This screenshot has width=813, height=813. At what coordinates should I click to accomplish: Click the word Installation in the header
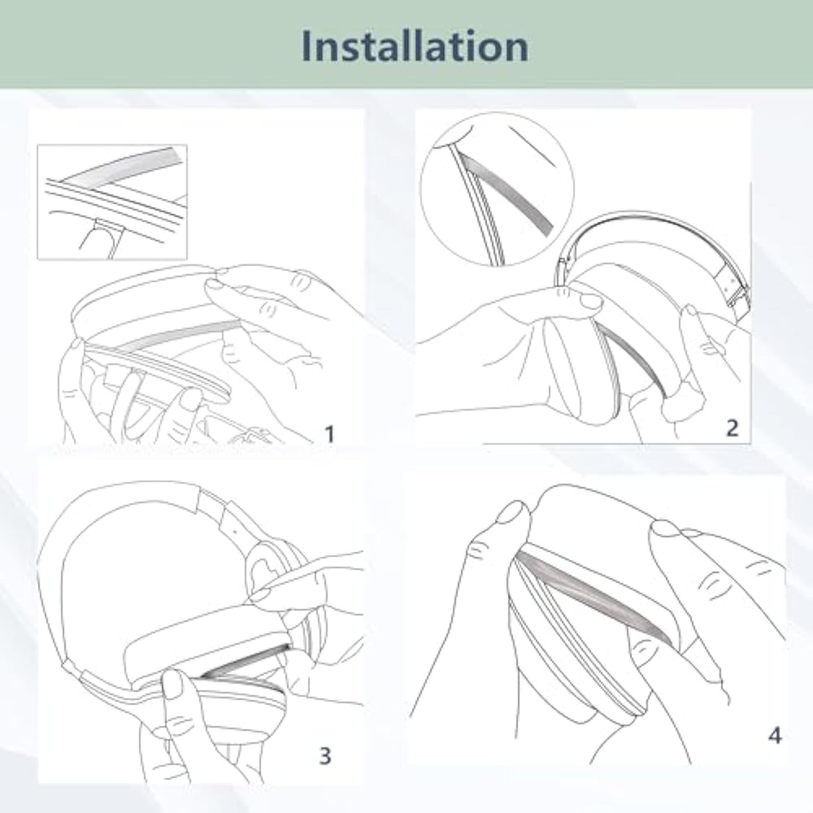(x=415, y=46)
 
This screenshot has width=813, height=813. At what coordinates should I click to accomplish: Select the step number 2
(x=733, y=428)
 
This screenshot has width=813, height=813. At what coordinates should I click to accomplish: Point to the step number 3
(x=325, y=755)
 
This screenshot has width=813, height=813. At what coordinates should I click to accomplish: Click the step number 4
(x=775, y=735)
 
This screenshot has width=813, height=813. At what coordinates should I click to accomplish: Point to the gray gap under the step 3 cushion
(x=244, y=661)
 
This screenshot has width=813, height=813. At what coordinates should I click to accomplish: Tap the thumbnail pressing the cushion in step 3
(x=174, y=684)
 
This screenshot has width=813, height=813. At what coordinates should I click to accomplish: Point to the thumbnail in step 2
(x=590, y=300)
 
